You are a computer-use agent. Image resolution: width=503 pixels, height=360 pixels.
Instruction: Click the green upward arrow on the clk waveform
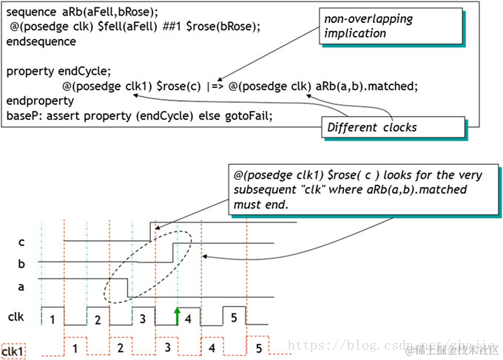pyautogui.click(x=178, y=315)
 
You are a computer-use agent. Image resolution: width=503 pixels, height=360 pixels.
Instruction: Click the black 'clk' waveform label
pyautogui.click(x=16, y=316)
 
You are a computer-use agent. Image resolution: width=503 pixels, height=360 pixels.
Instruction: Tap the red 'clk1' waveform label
pyautogui.click(x=14, y=352)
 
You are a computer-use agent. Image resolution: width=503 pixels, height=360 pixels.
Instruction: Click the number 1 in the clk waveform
pyautogui.click(x=53, y=319)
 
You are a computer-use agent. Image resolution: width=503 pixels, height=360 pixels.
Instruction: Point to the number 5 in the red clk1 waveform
pyautogui.click(x=259, y=347)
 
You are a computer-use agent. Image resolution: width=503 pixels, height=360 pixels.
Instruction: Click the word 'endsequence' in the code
pyautogui.click(x=41, y=41)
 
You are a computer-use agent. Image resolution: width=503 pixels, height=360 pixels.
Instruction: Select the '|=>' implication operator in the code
pyautogui.click(x=214, y=86)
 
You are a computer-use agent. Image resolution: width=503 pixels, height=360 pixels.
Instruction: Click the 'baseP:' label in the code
pyautogui.click(x=23, y=115)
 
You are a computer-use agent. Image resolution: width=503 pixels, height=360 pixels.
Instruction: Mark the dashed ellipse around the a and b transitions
pyautogui.click(x=152, y=268)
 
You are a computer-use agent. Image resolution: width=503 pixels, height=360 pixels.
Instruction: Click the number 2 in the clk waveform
pyautogui.click(x=97, y=319)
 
